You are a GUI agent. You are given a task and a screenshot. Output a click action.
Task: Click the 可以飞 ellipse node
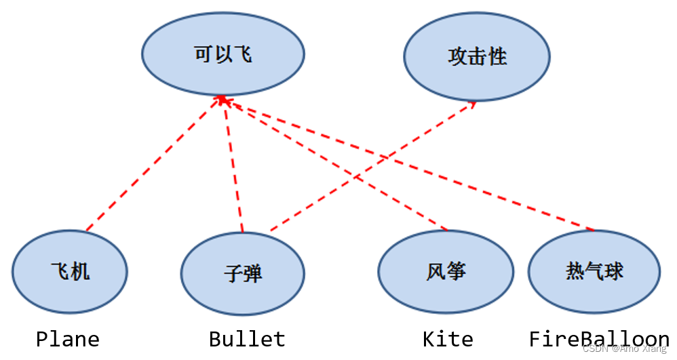(223, 54)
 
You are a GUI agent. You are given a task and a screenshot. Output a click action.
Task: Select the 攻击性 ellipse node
(477, 56)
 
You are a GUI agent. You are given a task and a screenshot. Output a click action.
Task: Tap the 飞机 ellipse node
(70, 272)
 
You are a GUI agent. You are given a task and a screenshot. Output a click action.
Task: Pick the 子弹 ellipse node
(242, 274)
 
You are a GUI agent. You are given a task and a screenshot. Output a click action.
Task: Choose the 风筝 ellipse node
(446, 272)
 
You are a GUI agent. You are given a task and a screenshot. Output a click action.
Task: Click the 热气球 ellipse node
(594, 271)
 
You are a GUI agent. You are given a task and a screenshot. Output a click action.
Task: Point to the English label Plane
(68, 339)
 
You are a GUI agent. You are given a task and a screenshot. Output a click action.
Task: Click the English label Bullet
(247, 339)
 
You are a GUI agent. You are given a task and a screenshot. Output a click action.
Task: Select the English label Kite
(448, 339)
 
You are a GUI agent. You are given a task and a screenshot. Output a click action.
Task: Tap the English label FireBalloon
(599, 339)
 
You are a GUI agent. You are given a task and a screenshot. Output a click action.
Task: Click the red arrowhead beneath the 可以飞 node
(220, 100)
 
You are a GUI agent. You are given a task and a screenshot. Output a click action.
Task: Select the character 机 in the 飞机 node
(80, 272)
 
